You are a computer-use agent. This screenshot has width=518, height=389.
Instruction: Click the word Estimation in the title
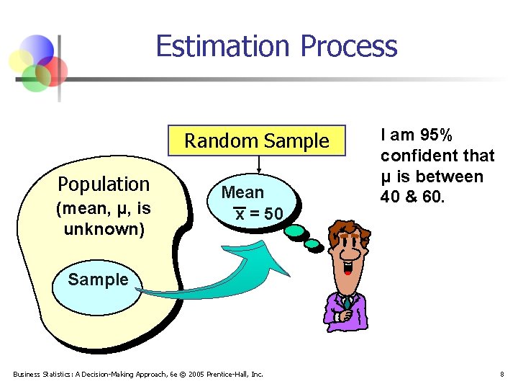tap(222, 45)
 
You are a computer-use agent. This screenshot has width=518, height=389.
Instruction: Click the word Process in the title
tap(349, 45)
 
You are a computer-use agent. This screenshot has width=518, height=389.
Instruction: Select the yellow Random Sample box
tap(257, 140)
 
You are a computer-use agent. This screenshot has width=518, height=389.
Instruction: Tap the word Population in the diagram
tap(104, 185)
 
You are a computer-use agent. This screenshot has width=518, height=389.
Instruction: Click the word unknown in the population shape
tap(104, 229)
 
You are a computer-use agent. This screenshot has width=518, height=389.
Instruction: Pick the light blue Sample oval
tap(97, 287)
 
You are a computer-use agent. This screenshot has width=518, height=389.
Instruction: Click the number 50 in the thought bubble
tap(273, 214)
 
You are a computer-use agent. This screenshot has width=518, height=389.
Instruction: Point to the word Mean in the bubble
tap(242, 192)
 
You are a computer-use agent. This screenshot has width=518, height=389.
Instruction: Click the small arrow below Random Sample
tap(259, 164)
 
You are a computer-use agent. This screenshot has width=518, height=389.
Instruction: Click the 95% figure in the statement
tap(436, 135)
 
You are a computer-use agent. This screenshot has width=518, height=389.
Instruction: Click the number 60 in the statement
tap(433, 197)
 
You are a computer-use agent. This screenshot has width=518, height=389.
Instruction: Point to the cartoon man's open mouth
tap(347, 267)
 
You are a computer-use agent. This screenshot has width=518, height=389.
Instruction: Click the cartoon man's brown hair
tap(349, 233)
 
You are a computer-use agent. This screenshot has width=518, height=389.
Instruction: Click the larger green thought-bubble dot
tap(296, 231)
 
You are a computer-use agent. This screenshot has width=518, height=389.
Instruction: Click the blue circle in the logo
tap(37, 50)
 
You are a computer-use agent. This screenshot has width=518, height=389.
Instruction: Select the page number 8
tap(502, 375)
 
